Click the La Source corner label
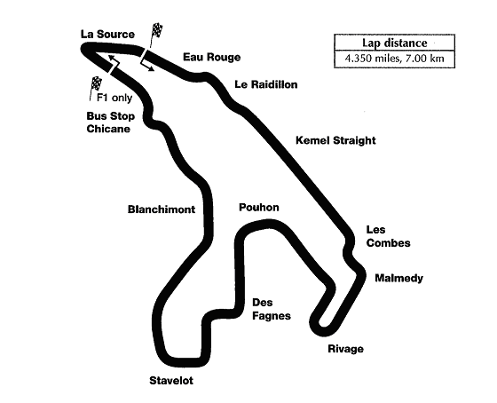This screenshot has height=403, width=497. coord(106,34)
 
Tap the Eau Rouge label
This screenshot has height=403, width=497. coord(211,57)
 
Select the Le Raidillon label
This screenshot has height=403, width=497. coord(266,85)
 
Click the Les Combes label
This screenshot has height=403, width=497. coord(387,236)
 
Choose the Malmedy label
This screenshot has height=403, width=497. coord(398,279)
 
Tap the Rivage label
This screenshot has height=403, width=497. coord(345,349)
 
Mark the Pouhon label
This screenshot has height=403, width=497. coord(259,208)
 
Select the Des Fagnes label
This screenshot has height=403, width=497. coord(272,309)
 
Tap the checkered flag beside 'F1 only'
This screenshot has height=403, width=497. coord(97,86)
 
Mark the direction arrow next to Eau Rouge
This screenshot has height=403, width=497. coord(149,65)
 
